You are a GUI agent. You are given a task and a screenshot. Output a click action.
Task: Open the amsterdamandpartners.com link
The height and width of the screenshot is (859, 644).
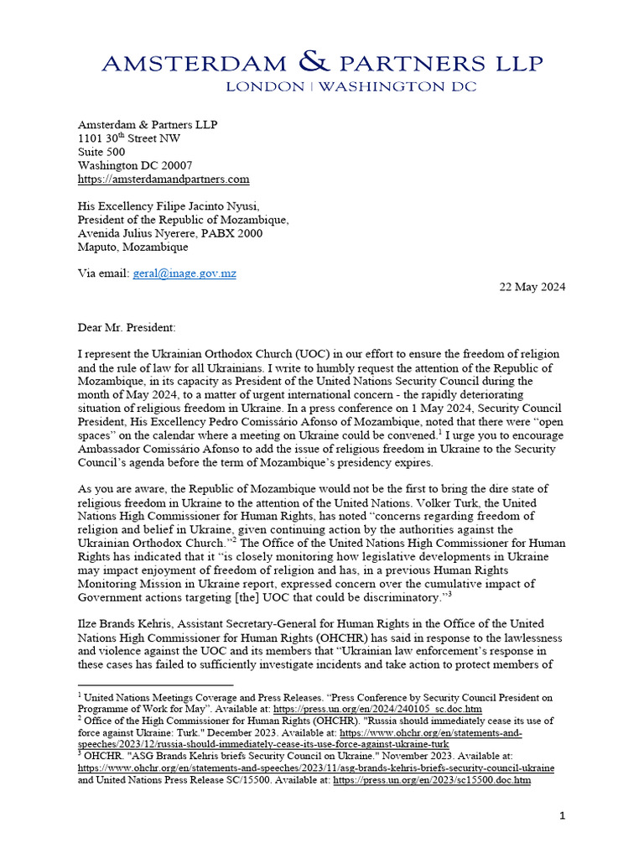click(164, 180)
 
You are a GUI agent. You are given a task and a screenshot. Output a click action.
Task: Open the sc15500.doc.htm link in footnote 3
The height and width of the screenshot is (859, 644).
click(431, 780)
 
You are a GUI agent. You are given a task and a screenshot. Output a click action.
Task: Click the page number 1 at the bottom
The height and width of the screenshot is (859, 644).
click(563, 815)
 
